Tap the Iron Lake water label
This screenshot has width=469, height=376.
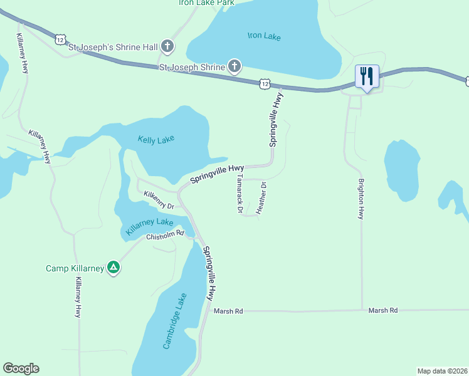click(x=264, y=36)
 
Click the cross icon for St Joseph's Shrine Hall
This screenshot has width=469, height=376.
click(x=167, y=46)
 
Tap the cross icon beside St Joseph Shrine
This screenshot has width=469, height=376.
click(x=234, y=66)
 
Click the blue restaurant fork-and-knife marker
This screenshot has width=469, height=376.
click(x=366, y=77)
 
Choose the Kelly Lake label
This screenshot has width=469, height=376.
click(x=156, y=139)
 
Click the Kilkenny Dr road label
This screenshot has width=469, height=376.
click(x=158, y=200)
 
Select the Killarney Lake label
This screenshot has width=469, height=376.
click(x=149, y=226)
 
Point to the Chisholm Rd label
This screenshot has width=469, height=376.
click(x=165, y=237)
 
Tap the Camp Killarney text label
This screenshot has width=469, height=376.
click(x=75, y=268)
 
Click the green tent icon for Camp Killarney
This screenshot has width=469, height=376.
click(x=113, y=268)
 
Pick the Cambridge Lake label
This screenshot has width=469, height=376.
click(x=174, y=321)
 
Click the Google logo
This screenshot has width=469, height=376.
click(x=21, y=368)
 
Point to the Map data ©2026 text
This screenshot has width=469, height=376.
click(x=442, y=371)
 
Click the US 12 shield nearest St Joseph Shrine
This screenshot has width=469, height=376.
click(x=265, y=83)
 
